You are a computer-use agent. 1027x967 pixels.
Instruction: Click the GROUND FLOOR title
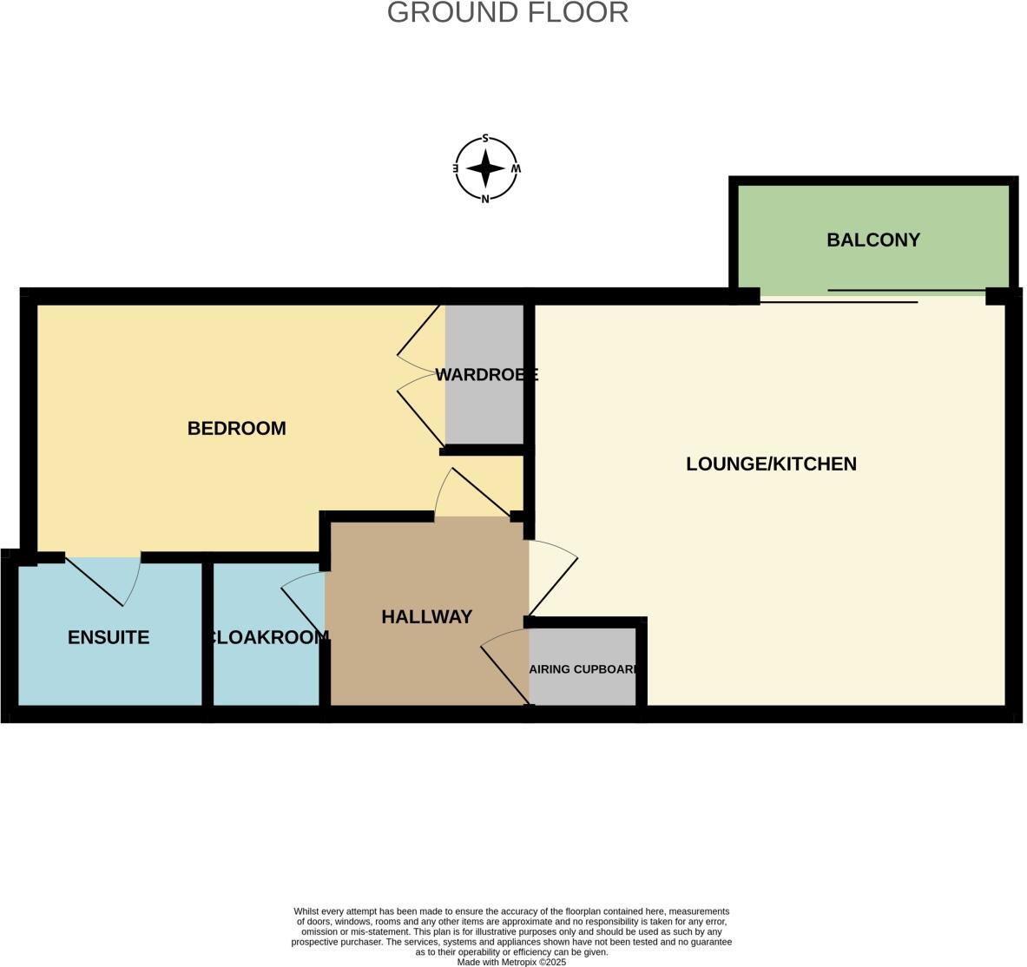(x=507, y=13)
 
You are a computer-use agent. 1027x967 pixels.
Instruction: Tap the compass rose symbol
(x=486, y=168)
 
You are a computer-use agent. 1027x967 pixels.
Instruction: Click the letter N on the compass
(x=485, y=199)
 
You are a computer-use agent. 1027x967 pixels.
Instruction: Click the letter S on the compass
(x=485, y=139)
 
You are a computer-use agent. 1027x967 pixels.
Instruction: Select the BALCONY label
(x=872, y=240)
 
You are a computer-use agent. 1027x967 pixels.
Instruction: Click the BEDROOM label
(x=236, y=429)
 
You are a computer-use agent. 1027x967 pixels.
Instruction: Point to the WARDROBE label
(x=486, y=375)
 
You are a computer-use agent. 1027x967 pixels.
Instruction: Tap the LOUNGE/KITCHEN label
(x=771, y=464)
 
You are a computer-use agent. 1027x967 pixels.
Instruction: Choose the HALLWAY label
(x=426, y=617)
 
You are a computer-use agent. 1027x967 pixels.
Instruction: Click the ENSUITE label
(x=109, y=638)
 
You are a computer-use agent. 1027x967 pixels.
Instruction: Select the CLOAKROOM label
(x=267, y=638)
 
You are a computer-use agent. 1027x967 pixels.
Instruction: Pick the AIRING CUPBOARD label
(x=583, y=670)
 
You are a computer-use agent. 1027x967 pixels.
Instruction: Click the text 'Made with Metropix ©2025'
(x=511, y=962)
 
